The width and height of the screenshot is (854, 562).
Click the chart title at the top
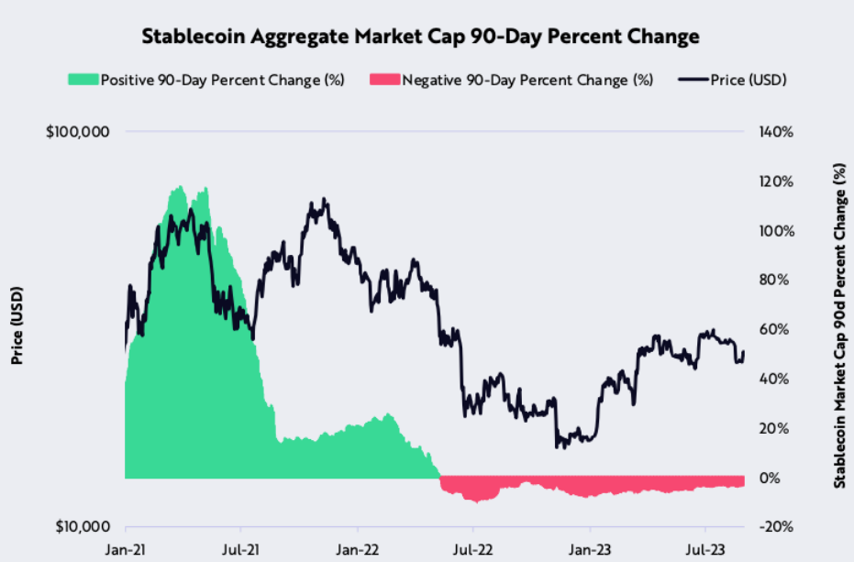coord(420,37)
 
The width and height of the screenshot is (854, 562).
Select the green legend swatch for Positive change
coord(83,80)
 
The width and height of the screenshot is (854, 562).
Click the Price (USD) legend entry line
coord(693,80)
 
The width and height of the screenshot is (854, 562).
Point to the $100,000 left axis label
coord(78,132)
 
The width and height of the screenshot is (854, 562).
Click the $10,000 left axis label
coord(82,527)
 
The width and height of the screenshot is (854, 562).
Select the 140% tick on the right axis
coord(775,132)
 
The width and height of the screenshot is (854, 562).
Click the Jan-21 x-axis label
coord(126,551)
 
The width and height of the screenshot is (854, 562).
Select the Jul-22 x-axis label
coord(472,551)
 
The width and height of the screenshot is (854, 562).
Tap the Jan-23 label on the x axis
coord(589,551)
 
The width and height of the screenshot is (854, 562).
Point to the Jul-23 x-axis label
coord(704,551)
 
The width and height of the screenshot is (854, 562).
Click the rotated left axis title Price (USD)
coord(17,326)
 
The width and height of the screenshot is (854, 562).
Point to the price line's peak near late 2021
coord(322,200)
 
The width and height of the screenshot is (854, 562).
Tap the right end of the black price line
coord(744,351)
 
